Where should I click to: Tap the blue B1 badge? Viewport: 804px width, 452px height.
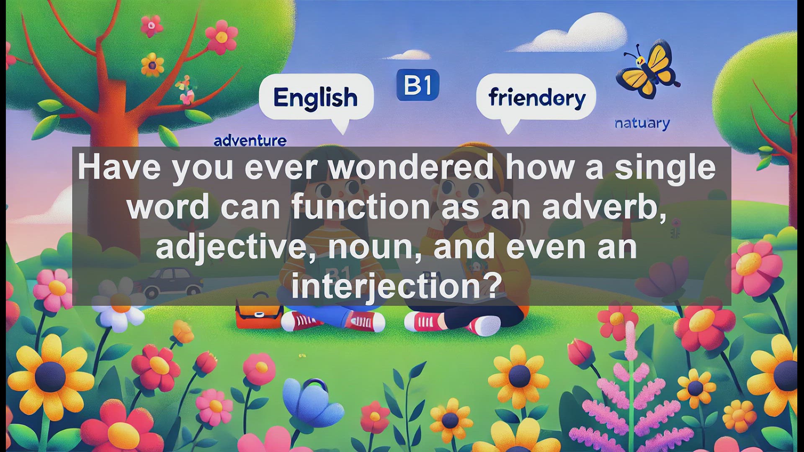418,85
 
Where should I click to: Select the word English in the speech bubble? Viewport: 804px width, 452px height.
316,98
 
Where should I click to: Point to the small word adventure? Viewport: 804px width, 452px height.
250,141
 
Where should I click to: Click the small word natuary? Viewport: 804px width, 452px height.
642,123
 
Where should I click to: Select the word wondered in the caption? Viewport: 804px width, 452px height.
411,167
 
